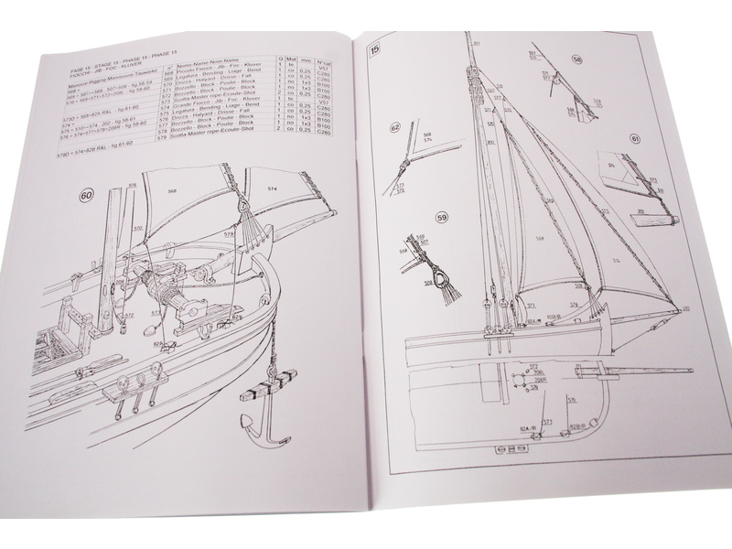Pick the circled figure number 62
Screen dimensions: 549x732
click(x=395, y=129)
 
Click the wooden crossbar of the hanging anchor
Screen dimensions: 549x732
click(x=261, y=382)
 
